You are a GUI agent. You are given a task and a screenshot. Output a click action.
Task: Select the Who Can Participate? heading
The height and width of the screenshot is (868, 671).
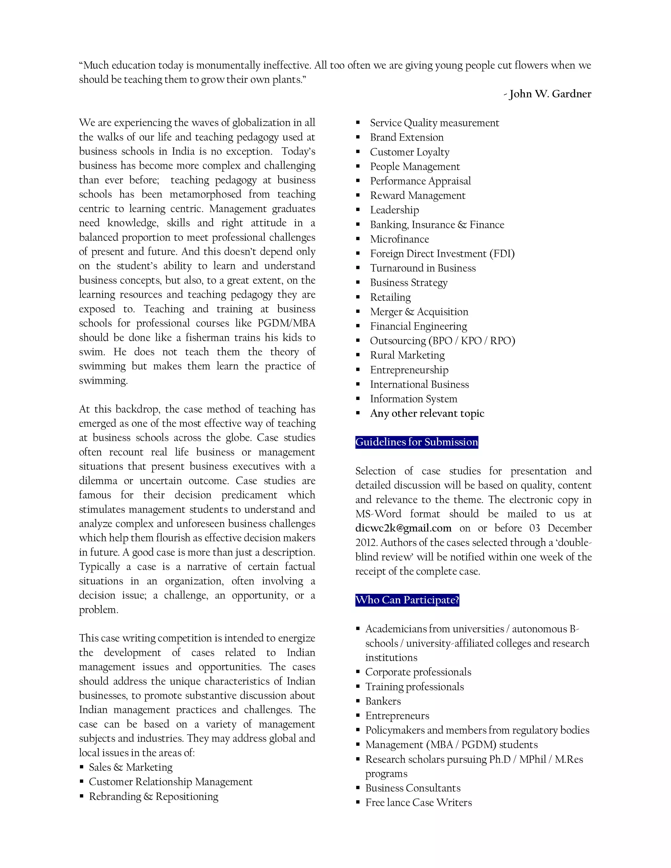point(407,600)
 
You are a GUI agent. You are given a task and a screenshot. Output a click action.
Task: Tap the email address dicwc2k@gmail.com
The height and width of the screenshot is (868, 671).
point(403,528)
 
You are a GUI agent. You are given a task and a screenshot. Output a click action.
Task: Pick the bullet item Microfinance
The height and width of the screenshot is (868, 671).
point(399,239)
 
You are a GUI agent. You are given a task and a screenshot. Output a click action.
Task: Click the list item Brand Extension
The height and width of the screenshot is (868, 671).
point(406,137)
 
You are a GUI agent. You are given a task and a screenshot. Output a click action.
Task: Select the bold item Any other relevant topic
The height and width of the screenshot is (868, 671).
point(427,413)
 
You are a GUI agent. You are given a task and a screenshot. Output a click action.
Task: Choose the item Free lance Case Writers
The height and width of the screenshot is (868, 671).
point(418,802)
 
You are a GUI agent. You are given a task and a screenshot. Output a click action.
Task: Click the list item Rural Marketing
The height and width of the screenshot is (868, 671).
point(407,355)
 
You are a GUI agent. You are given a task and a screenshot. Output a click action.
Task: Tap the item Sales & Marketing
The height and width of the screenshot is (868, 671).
point(130,767)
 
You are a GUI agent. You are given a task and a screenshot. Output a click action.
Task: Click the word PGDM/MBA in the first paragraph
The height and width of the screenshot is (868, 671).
point(286,323)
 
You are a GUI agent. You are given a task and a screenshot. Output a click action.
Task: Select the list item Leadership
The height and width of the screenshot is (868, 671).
point(394,210)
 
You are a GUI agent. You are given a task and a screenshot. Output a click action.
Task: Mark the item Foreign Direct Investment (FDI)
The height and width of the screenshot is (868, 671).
point(442,254)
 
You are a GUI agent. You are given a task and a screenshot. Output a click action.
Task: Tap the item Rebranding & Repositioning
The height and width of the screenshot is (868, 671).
point(153,797)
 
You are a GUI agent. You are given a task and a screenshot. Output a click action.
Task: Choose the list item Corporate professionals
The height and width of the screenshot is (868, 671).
point(418,672)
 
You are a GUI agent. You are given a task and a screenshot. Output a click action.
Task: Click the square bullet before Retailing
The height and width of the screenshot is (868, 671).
point(358,297)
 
